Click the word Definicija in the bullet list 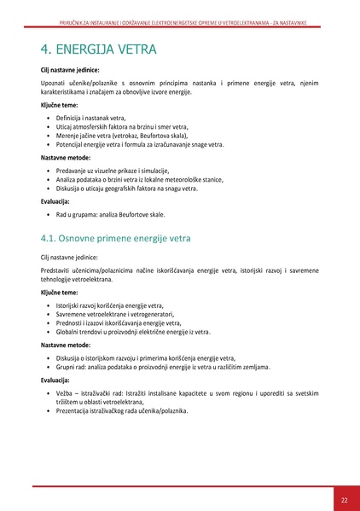click(70, 118)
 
